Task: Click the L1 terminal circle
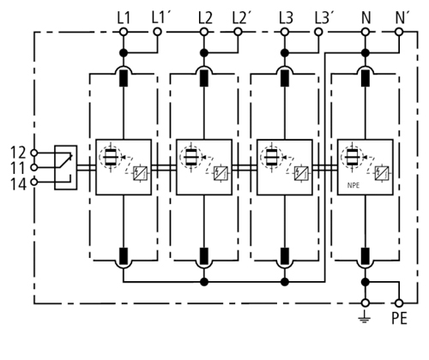click(x=124, y=32)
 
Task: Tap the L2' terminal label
click(x=242, y=18)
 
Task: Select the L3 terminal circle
click(x=285, y=32)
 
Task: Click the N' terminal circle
click(x=399, y=32)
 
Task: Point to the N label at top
click(x=366, y=18)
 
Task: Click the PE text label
click(x=399, y=318)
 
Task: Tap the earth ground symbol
click(x=365, y=316)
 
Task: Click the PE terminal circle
click(x=399, y=303)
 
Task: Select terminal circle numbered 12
click(x=34, y=153)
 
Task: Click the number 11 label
click(x=19, y=168)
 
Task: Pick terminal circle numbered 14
click(x=34, y=182)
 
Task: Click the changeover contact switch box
click(x=66, y=167)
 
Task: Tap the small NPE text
click(x=353, y=185)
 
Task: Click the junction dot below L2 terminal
click(x=203, y=53)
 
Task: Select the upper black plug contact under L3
click(x=285, y=78)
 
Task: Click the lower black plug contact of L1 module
click(x=124, y=256)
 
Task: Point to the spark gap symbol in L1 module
click(x=111, y=157)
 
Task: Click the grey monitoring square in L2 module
click(x=221, y=173)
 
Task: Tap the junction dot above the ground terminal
click(x=365, y=282)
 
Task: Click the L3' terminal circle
click(x=318, y=32)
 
